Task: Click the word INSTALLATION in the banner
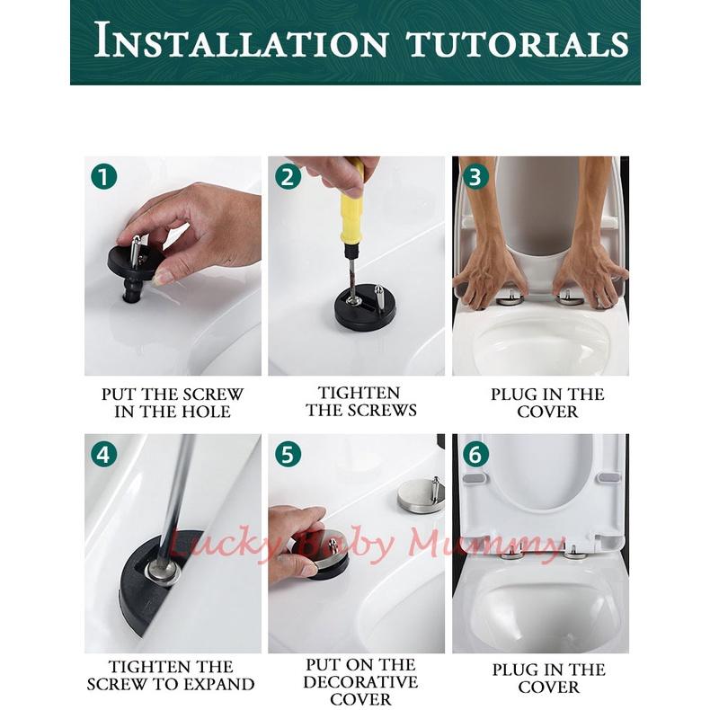[x=242, y=40]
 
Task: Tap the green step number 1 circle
[x=103, y=176]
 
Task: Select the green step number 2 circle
[x=288, y=176]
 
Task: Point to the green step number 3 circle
[x=475, y=176]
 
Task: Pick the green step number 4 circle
[x=103, y=454]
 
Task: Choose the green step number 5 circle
[x=288, y=454]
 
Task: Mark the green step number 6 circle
[x=475, y=454]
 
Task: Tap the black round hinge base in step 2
[x=365, y=310]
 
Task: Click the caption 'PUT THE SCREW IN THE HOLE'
[x=173, y=403]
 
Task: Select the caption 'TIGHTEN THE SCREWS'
[x=361, y=401]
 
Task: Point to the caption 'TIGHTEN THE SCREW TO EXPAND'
[x=171, y=675]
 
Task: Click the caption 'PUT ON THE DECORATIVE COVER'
[x=360, y=682]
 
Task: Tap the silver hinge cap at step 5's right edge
[x=422, y=493]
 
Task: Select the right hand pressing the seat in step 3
[x=590, y=271]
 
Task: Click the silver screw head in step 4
[x=163, y=572]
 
